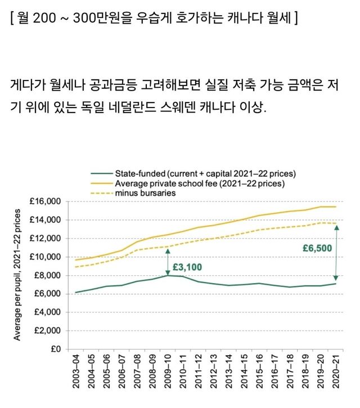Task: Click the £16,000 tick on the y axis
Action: [x=44, y=201]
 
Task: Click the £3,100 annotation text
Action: [x=187, y=266]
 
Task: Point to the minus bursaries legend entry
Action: [x=146, y=193]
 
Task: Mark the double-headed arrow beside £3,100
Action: [x=167, y=262]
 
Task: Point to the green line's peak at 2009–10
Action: [x=168, y=275]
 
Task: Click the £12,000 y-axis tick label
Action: [x=44, y=238]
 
